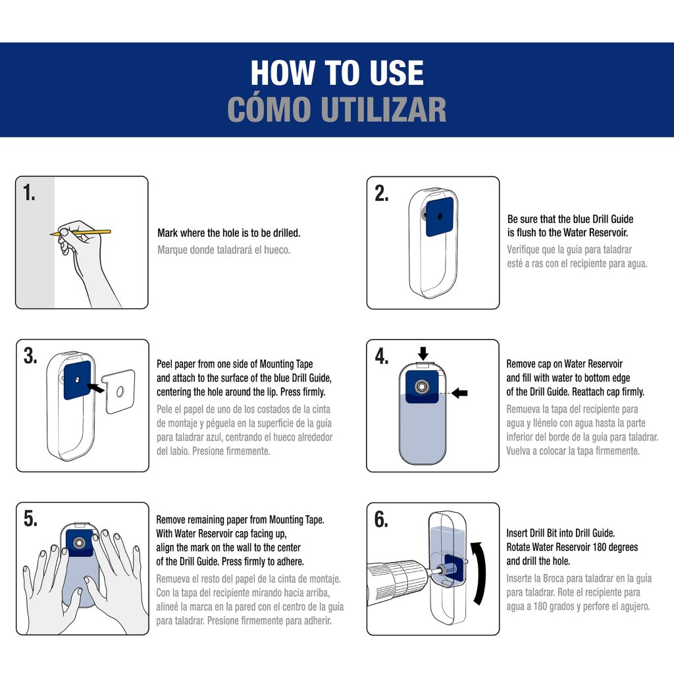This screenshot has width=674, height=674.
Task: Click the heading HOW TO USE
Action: point(337,72)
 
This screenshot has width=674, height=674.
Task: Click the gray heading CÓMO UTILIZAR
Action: point(337,109)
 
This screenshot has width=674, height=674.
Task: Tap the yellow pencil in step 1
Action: point(81,232)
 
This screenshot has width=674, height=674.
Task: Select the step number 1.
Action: point(29,192)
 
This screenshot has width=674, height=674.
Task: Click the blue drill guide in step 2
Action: point(439,217)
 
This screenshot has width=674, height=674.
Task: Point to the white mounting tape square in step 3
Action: point(119,391)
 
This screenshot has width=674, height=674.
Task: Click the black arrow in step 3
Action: point(95,387)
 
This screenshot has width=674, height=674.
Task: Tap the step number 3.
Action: point(30,355)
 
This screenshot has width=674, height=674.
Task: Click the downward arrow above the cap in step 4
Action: point(423,353)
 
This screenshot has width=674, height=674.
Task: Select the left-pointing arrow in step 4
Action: point(460,392)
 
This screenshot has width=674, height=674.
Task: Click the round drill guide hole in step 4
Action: point(422,386)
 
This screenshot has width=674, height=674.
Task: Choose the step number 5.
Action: point(30,518)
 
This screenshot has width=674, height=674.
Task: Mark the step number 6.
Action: point(381,519)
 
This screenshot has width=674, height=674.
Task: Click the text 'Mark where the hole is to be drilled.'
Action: point(228,233)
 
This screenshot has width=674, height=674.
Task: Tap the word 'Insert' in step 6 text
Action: point(519,533)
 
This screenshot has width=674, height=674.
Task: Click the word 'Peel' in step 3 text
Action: point(164,364)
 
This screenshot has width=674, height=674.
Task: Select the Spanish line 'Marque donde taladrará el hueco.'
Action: point(224,249)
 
